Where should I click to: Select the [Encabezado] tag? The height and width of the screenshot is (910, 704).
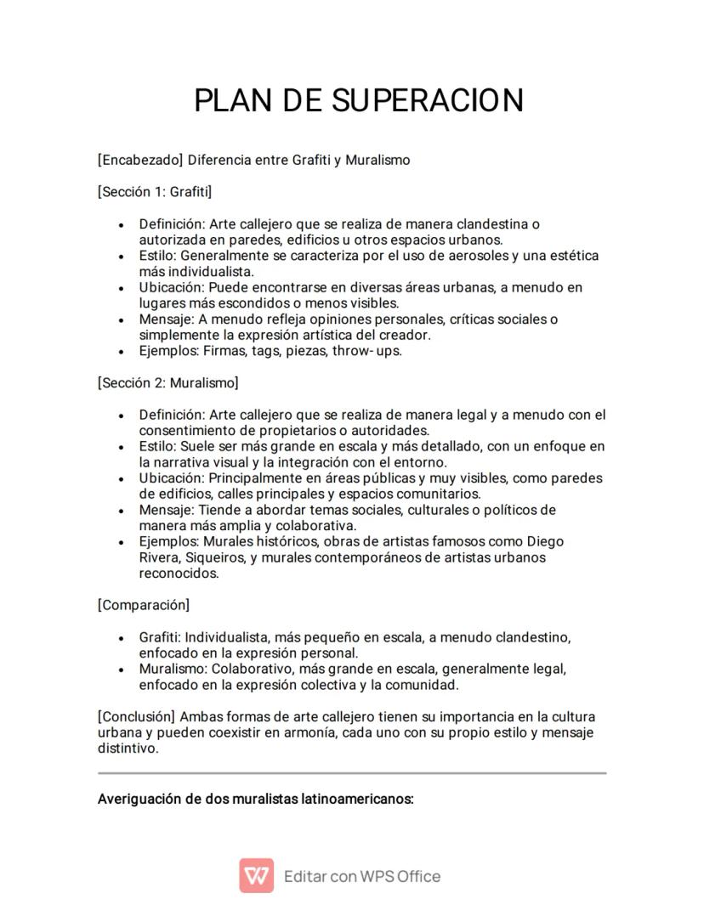140,160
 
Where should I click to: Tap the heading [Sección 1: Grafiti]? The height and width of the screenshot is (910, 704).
155,192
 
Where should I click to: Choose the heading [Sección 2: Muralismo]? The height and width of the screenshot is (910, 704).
167,383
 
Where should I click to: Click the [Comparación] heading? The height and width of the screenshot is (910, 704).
144,605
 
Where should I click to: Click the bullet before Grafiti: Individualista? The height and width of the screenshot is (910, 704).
122,637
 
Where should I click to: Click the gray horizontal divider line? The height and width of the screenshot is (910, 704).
352,773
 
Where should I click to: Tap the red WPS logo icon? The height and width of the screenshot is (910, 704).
256,875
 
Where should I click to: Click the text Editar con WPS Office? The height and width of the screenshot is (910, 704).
362,876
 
